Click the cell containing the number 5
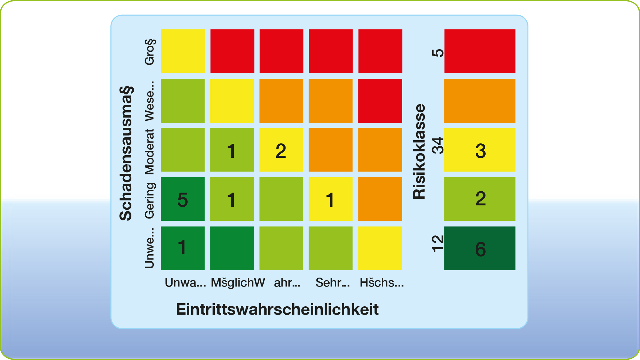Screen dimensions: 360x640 click(183, 199)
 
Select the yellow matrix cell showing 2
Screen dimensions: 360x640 click(281, 150)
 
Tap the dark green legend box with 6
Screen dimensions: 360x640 click(480, 248)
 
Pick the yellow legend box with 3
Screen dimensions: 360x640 click(480, 150)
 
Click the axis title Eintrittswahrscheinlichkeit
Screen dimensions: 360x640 click(277, 309)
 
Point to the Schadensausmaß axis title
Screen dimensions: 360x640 click(126, 153)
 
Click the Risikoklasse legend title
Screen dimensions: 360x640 click(419, 152)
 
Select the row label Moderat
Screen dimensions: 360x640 click(149, 152)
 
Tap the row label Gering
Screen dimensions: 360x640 click(149, 201)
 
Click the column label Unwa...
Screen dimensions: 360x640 click(185, 283)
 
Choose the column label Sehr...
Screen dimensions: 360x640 click(332, 283)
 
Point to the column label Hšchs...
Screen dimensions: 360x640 click(381, 283)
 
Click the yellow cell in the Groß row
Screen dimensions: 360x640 click(183, 51)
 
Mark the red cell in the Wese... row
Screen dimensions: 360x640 click(380, 101)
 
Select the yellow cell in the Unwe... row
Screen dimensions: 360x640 click(380, 248)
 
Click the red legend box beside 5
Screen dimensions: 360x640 click(480, 51)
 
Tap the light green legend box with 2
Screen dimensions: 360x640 click(480, 199)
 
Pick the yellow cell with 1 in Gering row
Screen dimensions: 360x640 click(331, 199)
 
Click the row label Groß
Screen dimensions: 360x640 click(149, 52)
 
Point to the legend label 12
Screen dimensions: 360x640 click(438, 243)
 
